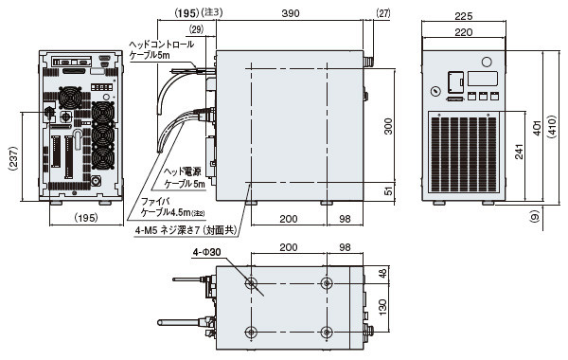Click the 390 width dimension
pyautogui.click(x=291, y=13)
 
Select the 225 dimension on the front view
pyautogui.click(x=463, y=16)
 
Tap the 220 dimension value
pyautogui.click(x=463, y=32)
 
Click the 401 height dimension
pyautogui.click(x=537, y=128)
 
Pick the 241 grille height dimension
pyautogui.click(x=519, y=152)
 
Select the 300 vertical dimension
pyautogui.click(x=388, y=126)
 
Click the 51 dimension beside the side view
pyautogui.click(x=388, y=190)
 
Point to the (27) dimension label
pyautogui.click(x=383, y=13)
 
